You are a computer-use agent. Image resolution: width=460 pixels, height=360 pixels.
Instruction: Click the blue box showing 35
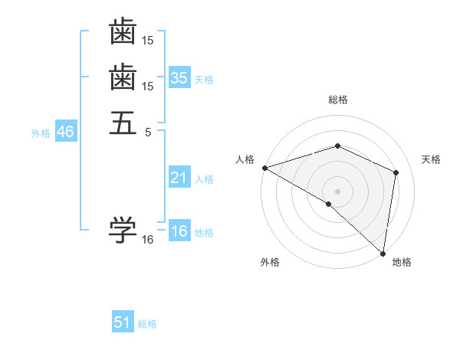click(x=179, y=78)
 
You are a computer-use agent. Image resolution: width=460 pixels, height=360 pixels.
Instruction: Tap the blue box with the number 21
click(x=179, y=178)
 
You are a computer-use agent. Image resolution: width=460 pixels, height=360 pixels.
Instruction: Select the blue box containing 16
click(x=179, y=231)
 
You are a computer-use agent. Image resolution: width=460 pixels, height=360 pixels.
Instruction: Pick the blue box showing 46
click(x=65, y=132)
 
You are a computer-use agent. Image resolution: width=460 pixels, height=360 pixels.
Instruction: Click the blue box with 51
click(x=123, y=322)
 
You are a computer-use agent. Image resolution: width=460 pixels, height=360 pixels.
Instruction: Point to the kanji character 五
click(x=123, y=123)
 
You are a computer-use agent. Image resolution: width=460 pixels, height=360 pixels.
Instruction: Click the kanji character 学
click(x=123, y=227)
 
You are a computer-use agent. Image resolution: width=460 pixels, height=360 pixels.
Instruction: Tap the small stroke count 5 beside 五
click(x=149, y=132)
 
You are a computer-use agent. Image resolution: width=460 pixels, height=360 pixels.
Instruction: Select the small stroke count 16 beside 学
click(x=148, y=240)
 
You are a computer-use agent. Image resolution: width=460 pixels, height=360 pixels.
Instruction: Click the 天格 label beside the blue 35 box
click(x=204, y=80)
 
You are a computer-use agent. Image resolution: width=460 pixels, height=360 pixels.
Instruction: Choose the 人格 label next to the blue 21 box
click(x=204, y=179)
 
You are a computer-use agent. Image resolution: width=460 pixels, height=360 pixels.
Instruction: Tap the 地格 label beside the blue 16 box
click(x=204, y=233)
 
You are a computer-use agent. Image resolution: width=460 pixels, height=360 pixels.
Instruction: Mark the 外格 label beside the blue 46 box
click(x=41, y=133)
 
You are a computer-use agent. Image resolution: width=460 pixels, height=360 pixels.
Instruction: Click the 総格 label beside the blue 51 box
click(x=147, y=324)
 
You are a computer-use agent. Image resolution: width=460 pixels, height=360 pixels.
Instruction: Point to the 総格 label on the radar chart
click(x=338, y=100)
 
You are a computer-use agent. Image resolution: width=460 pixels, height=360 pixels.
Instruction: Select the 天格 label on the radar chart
click(x=431, y=159)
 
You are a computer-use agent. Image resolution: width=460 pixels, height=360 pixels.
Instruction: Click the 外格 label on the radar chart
click(x=270, y=263)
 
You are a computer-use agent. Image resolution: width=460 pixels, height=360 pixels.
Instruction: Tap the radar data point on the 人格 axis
click(x=264, y=168)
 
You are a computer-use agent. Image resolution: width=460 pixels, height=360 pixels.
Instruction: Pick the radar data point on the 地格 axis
click(x=383, y=253)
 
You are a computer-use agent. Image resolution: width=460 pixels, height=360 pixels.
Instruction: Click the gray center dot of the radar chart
click(x=338, y=191)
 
